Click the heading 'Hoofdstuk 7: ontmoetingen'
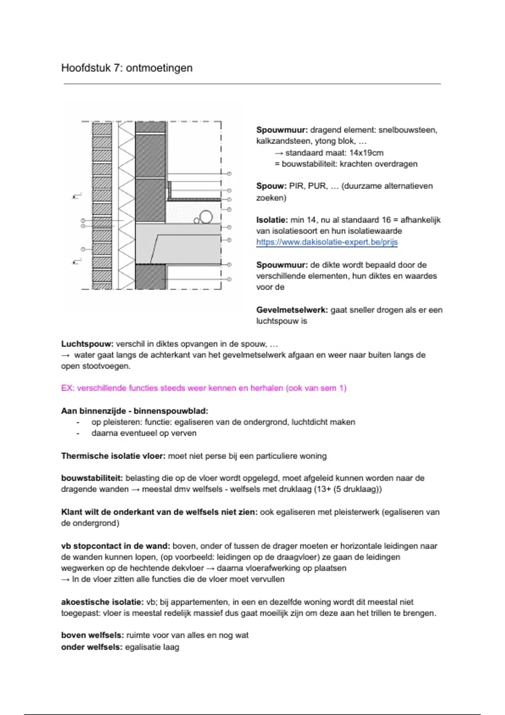click(x=127, y=68)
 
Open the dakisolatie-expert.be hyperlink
click(x=327, y=242)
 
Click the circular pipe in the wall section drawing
click(x=206, y=217)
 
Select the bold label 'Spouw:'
click(x=271, y=186)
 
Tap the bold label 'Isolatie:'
click(x=272, y=220)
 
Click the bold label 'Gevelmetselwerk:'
click(x=292, y=310)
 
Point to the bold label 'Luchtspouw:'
click(x=87, y=344)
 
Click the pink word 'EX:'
click(x=68, y=388)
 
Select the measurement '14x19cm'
click(x=366, y=153)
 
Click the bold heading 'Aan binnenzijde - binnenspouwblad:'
click(x=135, y=411)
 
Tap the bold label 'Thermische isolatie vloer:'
click(x=113, y=456)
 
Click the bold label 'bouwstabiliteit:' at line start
click(x=92, y=478)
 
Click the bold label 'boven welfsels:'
click(x=93, y=635)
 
